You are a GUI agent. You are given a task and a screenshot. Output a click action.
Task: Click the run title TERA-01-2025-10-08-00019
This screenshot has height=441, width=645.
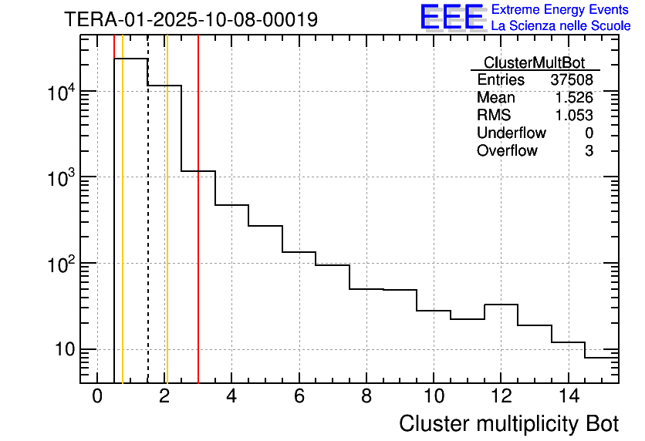[x=191, y=20]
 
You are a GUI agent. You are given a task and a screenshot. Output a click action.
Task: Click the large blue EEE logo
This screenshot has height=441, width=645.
[x=452, y=18]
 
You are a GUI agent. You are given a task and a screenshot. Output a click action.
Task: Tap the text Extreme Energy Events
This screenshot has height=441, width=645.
[x=560, y=10]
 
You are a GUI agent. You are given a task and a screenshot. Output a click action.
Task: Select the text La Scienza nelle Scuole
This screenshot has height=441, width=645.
[x=560, y=26]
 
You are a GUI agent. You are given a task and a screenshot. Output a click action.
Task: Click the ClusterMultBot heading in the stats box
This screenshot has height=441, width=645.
[x=534, y=62]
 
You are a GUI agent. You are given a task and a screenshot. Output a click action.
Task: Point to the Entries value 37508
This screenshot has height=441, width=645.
[x=572, y=80]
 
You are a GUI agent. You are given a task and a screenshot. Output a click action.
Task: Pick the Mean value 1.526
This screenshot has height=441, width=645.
[x=574, y=98]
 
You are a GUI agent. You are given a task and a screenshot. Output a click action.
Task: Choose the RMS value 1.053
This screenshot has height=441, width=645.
[x=574, y=116]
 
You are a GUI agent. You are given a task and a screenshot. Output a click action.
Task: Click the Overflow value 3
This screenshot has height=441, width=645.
[x=589, y=151]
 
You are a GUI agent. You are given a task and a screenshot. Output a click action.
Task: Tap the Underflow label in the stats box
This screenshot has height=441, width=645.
[x=511, y=133]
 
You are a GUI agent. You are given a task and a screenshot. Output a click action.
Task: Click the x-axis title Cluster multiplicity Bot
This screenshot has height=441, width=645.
[x=508, y=423]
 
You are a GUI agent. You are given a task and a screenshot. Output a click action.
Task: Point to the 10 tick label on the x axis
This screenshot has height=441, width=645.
[x=434, y=397]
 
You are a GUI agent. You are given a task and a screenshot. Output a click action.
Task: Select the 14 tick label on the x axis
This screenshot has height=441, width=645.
[x=568, y=397]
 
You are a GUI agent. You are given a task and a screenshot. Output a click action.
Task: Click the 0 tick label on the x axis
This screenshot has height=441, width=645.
[x=97, y=397]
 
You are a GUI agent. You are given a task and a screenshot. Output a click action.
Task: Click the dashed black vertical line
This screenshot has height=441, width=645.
[x=147, y=231]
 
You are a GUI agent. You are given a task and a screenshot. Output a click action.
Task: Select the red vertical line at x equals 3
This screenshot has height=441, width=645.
[x=198, y=231]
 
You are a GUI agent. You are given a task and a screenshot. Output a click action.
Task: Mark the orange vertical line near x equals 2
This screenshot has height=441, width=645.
[x=167, y=231]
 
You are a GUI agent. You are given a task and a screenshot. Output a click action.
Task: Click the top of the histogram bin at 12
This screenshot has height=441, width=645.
[x=501, y=305]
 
